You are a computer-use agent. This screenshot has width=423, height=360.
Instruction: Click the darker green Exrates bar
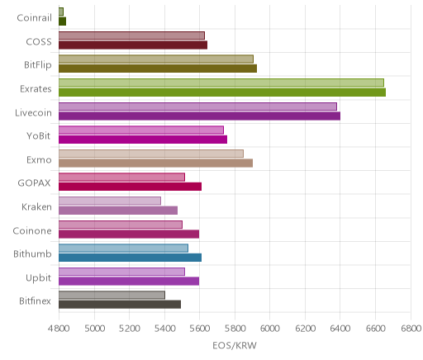tap(222, 92)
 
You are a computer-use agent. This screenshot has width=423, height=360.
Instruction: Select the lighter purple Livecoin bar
tap(197, 107)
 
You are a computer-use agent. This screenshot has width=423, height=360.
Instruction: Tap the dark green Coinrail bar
tap(63, 21)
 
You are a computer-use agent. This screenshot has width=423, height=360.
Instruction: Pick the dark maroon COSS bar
tap(133, 45)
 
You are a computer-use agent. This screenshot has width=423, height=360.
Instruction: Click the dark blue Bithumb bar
tap(131, 258)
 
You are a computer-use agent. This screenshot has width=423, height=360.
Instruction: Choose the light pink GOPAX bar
tap(121, 178)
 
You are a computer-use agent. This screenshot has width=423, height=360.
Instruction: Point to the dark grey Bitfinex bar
tap(120, 305)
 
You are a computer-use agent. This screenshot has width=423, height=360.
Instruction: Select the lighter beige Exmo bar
tap(151, 154)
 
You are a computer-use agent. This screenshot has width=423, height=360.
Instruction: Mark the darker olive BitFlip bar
tap(158, 69)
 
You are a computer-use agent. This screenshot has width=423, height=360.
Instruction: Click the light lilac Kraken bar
tap(110, 201)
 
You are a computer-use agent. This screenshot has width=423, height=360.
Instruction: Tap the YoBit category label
tap(39, 135)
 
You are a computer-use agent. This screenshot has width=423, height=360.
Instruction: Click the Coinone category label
tap(32, 230)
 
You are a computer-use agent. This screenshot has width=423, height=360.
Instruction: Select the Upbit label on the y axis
tap(38, 278)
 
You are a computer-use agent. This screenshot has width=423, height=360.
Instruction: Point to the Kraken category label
tap(36, 206)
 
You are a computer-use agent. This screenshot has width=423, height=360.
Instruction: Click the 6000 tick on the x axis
tap(269, 328)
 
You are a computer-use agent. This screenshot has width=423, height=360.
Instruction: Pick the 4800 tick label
tap(59, 328)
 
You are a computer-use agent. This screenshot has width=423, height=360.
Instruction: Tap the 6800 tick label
tap(411, 328)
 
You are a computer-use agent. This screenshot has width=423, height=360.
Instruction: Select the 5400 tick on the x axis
tap(164, 328)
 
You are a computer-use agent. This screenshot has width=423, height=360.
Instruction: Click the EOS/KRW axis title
tap(235, 345)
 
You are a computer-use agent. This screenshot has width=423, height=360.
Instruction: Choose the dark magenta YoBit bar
tap(143, 140)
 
